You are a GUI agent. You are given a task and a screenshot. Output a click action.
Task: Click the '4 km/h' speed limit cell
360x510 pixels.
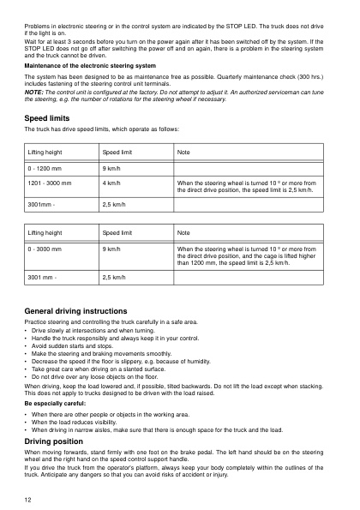pyautogui.click(x=111, y=183)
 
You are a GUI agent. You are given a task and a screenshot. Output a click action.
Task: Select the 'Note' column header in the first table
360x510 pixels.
pyautogui.click(x=184, y=151)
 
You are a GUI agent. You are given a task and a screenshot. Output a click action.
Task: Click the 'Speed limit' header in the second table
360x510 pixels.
pyautogui.click(x=117, y=231)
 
